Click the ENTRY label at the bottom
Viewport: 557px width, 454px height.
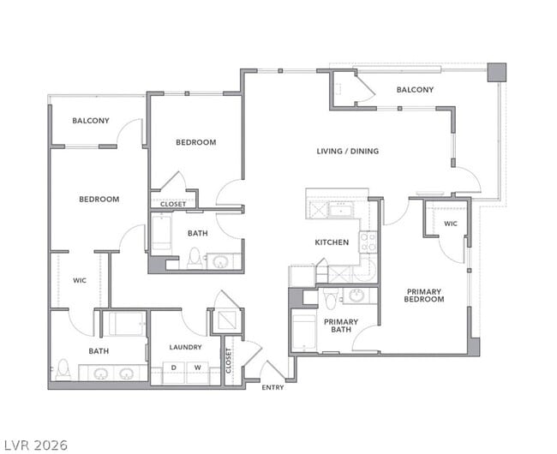click(x=273, y=388)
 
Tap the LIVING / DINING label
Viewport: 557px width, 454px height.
click(x=347, y=152)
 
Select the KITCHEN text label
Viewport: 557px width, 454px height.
click(x=332, y=242)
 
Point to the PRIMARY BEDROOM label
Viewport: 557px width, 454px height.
click(x=424, y=295)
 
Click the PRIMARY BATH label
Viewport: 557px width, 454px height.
click(x=340, y=325)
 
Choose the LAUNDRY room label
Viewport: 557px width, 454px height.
click(x=185, y=347)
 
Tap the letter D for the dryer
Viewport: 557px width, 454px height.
click(x=175, y=368)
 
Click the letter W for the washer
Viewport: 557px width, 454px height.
click(x=197, y=368)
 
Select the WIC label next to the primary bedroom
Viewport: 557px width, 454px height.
click(x=451, y=224)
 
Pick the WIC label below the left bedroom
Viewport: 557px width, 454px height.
click(x=80, y=280)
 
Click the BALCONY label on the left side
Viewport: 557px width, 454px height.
click(x=90, y=121)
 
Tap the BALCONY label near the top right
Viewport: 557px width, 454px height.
click(x=415, y=90)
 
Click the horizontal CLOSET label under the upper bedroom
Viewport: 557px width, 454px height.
click(x=172, y=204)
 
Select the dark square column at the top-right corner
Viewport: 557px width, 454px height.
click(x=497, y=72)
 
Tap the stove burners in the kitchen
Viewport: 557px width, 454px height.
click(x=368, y=242)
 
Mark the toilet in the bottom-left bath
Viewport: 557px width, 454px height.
click(x=62, y=371)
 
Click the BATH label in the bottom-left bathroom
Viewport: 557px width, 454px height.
click(x=99, y=351)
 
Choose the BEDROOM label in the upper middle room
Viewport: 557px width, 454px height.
click(x=195, y=142)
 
